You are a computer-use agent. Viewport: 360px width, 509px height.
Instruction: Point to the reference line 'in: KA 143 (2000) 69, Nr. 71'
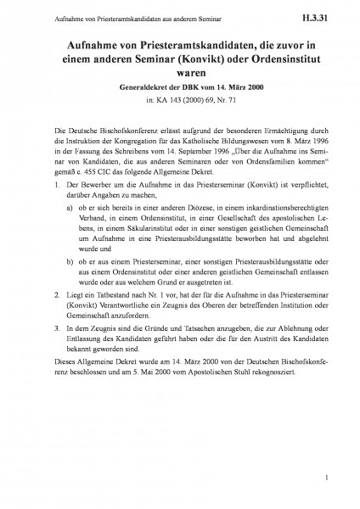pos(179,103)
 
